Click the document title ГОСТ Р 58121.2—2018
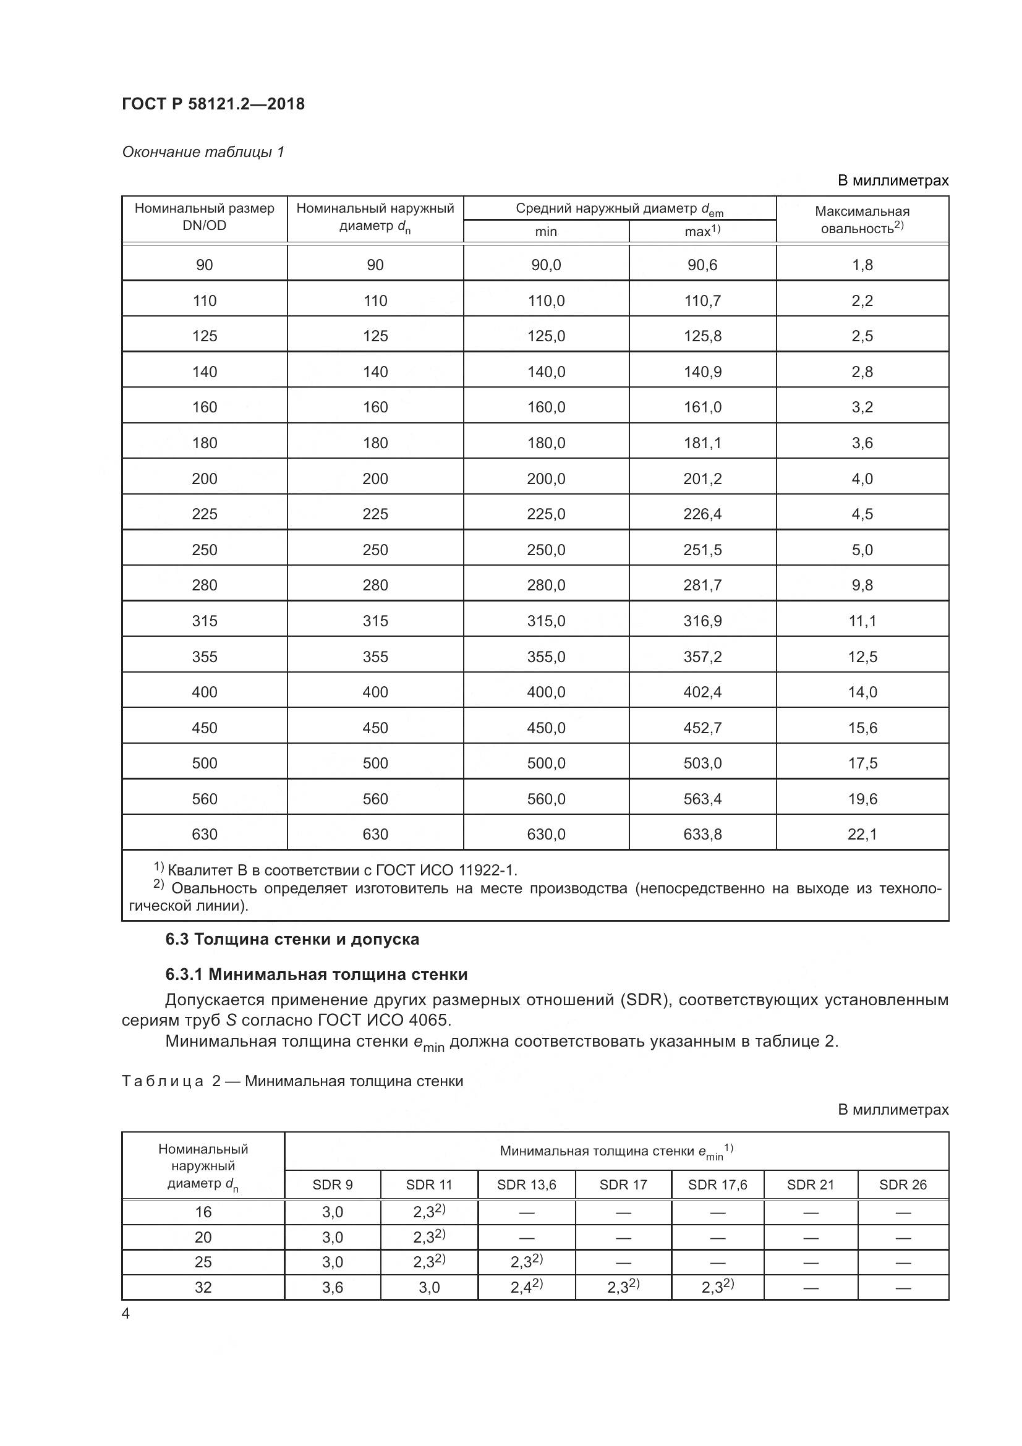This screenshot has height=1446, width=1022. click(x=213, y=104)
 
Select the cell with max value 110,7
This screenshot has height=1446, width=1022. click(x=702, y=300)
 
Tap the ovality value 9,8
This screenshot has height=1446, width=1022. click(x=861, y=585)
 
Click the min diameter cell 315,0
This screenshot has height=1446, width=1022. click(x=545, y=621)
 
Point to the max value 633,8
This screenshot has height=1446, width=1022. click(x=702, y=835)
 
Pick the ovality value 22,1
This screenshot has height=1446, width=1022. click(x=861, y=835)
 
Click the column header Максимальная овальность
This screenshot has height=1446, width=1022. click(x=861, y=220)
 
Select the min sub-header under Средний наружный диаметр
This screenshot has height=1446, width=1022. click(x=545, y=232)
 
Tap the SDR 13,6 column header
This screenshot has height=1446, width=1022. click(x=526, y=1184)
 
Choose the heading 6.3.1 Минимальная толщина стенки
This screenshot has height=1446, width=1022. click(x=316, y=974)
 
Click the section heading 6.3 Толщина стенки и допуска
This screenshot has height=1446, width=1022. click(x=292, y=939)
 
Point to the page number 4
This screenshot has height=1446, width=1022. click(x=126, y=1314)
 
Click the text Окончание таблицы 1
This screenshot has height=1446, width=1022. click(x=203, y=152)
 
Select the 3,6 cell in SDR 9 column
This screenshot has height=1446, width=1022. click(x=332, y=1287)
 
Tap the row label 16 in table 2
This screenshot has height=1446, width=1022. click(x=203, y=1212)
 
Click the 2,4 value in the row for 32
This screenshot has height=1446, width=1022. click(x=522, y=1287)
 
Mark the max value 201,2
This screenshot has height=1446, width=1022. click(x=702, y=478)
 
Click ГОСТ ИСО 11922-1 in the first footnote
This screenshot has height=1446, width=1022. click(x=445, y=870)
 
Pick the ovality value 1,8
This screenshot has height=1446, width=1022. click(x=861, y=265)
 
